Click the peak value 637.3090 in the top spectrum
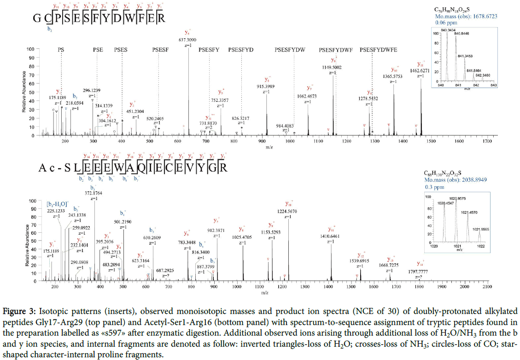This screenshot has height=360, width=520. (189, 40)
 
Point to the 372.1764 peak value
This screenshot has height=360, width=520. (93, 193)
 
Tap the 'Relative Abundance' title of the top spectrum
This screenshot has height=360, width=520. (24, 91)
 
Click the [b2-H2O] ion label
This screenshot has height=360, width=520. (58, 204)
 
